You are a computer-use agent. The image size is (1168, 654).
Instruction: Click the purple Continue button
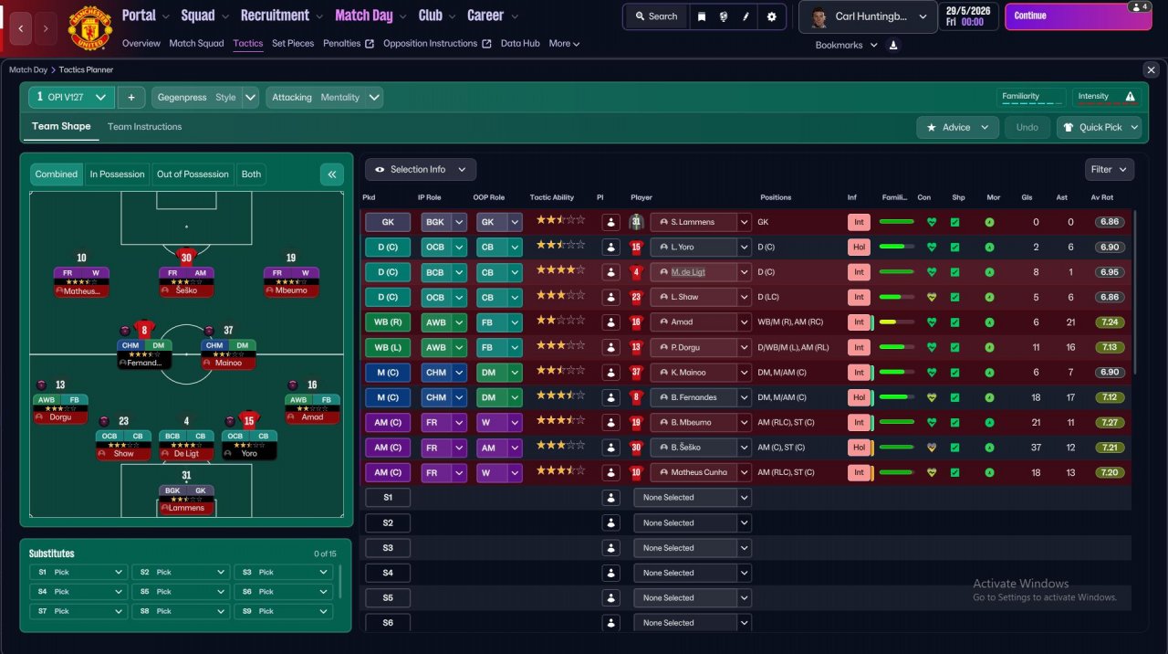(x=1078, y=16)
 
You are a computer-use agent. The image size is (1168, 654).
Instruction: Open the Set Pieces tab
(x=293, y=43)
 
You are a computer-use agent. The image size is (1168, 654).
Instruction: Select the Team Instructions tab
(x=144, y=127)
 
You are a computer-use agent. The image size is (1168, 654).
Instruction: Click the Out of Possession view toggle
(x=193, y=174)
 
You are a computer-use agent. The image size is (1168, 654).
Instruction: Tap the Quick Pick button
(x=1099, y=127)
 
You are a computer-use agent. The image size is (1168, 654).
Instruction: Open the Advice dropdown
(x=957, y=127)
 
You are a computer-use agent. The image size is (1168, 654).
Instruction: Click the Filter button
(x=1109, y=170)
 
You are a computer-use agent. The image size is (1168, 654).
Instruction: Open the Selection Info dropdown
(x=421, y=170)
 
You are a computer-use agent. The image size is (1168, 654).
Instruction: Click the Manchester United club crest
(x=89, y=28)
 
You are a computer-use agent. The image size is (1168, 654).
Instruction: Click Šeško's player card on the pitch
(x=186, y=281)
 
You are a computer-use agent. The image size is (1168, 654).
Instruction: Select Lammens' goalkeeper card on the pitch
(x=186, y=500)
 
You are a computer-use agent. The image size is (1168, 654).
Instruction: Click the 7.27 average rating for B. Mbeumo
(x=1110, y=422)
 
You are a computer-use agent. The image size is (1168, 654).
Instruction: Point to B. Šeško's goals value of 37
(x=1036, y=448)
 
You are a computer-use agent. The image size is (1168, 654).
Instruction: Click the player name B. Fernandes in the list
(x=693, y=397)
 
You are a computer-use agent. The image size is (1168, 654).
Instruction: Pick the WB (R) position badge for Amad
(x=388, y=322)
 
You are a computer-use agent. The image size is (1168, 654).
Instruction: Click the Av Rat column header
(x=1101, y=197)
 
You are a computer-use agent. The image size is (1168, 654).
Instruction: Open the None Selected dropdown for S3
(x=693, y=548)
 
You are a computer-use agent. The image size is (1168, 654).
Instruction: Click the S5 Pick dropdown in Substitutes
(x=181, y=592)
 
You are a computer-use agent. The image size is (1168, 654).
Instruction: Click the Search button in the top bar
(x=656, y=16)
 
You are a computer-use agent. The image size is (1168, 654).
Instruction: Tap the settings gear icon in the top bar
(x=772, y=16)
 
